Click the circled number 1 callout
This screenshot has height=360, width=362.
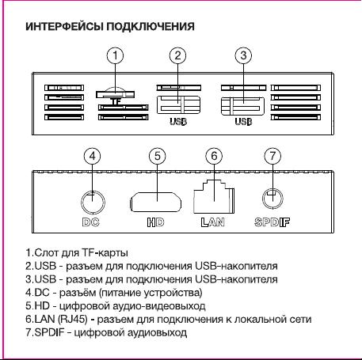pyautogui.click(x=115, y=55)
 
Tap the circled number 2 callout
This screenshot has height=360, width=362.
pyautogui.click(x=177, y=55)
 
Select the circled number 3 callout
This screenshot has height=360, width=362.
pyautogui.click(x=243, y=55)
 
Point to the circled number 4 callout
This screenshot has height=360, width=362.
pyautogui.click(x=92, y=156)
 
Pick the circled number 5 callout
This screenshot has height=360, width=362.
pyautogui.click(x=158, y=156)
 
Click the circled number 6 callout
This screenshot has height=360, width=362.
pyautogui.click(x=214, y=156)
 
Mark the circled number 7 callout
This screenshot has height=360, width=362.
pyautogui.click(x=272, y=155)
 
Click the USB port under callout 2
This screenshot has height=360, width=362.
pyautogui.click(x=179, y=105)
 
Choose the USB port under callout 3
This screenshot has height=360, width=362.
pyautogui.click(x=242, y=106)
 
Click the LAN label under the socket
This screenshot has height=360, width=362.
pyautogui.click(x=213, y=222)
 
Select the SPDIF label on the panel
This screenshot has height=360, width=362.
pyautogui.click(x=272, y=222)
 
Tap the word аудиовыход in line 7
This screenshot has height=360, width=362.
pyautogui.click(x=158, y=332)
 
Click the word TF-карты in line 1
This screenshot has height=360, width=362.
pyautogui.click(x=105, y=253)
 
